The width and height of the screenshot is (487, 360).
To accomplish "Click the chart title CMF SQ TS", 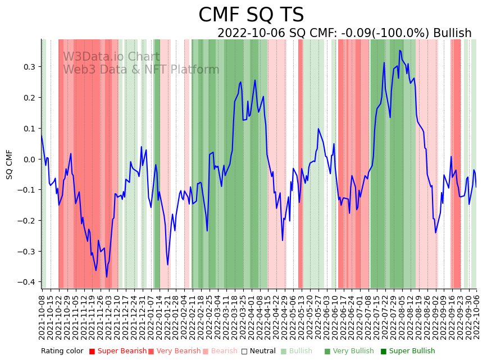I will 251,15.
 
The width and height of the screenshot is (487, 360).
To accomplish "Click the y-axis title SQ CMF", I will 9,165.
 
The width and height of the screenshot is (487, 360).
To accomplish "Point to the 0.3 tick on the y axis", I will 28,67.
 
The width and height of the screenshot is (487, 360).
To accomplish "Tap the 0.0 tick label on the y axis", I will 28,159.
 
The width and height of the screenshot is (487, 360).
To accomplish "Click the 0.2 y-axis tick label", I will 28,98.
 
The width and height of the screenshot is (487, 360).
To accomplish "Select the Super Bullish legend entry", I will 408,352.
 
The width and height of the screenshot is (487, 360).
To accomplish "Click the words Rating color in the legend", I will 62,352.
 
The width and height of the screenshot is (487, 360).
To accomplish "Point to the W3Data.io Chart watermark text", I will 111,57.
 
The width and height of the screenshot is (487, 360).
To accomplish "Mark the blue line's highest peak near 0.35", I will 400,51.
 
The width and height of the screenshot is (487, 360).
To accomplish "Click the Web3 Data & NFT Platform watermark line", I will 141,70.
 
